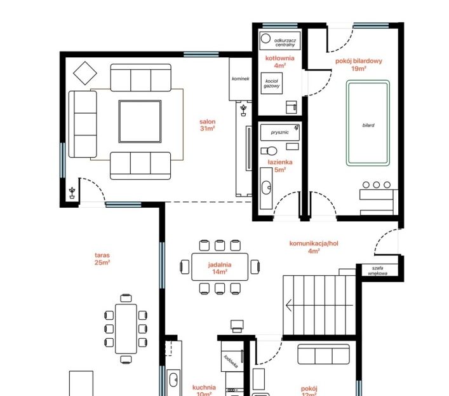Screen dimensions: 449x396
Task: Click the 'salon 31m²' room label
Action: pyautogui.click(x=207, y=125)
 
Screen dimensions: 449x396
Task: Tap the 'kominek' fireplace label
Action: pyautogui.click(x=240, y=79)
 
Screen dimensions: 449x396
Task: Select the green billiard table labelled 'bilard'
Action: pyautogui.click(x=368, y=123)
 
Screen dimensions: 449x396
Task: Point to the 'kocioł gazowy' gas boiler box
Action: pyautogui.click(x=271, y=83)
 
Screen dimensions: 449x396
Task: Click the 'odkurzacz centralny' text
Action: pyautogui.click(x=285, y=43)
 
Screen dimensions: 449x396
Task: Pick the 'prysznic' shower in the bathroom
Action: pyautogui.click(x=280, y=132)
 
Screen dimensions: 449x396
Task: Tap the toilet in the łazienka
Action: pyautogui.click(x=269, y=151)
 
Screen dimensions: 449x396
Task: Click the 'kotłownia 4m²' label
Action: pyautogui.click(x=280, y=62)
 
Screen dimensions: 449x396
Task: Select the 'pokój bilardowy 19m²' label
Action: pyautogui.click(x=359, y=64)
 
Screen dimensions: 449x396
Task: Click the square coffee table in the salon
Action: pyautogui.click(x=140, y=121)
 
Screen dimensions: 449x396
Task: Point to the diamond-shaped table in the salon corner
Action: pyautogui.click(x=84, y=73)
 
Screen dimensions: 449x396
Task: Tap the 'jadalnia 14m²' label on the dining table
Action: pyautogui.click(x=220, y=268)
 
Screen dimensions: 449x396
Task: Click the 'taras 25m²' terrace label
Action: pyautogui.click(x=102, y=259)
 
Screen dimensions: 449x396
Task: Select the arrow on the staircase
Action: pyautogui.click(x=319, y=306)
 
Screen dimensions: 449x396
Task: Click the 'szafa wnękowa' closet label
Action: pyautogui.click(x=377, y=271)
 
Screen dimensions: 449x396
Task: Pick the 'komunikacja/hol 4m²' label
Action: pyautogui.click(x=314, y=247)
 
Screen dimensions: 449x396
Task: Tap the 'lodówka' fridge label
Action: pyautogui.click(x=231, y=361)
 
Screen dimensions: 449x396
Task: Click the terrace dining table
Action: pyautogui.click(x=126, y=329)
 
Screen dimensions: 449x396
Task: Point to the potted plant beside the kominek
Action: pyautogui.click(x=243, y=111)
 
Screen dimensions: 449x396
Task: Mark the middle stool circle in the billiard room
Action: pyautogui.click(x=376, y=185)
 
